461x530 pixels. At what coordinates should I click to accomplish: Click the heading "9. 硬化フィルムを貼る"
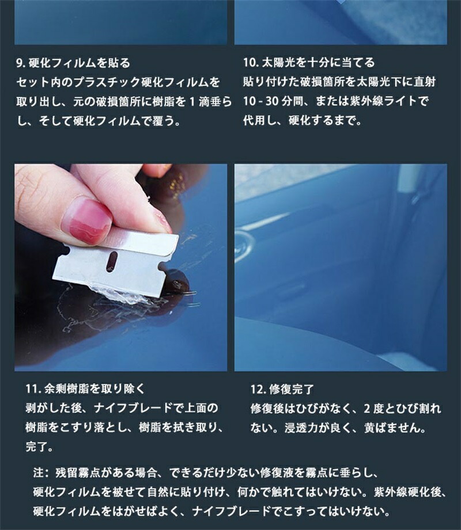(x=73, y=63)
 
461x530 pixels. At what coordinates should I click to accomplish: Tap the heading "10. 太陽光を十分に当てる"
(x=309, y=63)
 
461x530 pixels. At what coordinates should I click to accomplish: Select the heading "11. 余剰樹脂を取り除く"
(x=85, y=388)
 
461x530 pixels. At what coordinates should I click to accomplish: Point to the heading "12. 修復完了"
(x=282, y=389)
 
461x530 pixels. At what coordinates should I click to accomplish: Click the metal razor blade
(x=115, y=260)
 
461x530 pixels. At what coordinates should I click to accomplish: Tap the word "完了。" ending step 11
(x=40, y=447)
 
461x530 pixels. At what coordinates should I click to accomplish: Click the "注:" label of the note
(x=41, y=472)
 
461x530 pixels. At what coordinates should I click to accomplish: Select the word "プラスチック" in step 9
(x=107, y=82)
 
